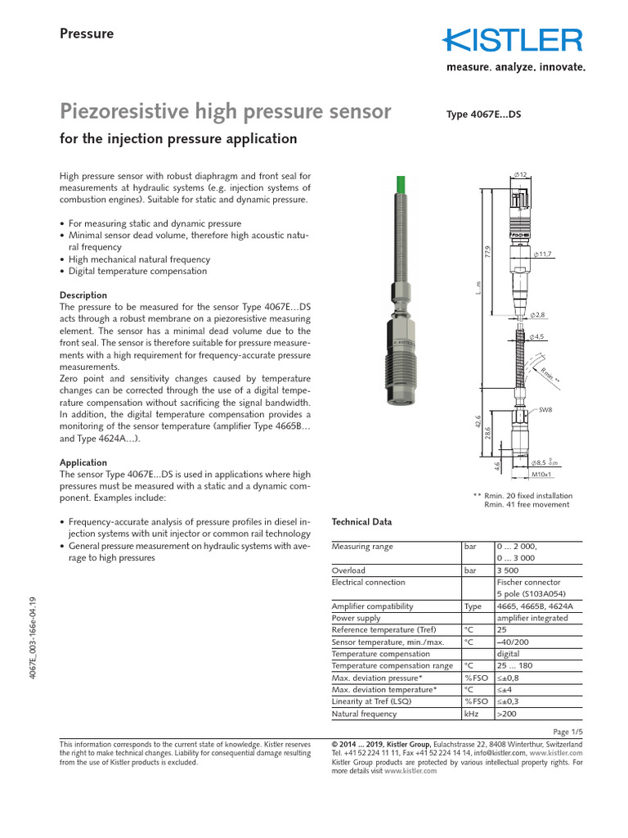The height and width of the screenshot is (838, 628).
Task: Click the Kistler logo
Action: [514, 40]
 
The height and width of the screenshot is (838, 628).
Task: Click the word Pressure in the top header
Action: [87, 34]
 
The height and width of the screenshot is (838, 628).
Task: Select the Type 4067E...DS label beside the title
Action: [482, 115]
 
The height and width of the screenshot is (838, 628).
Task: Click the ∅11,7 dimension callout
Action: [542, 255]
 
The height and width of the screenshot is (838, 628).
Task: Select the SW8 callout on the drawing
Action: [545, 408]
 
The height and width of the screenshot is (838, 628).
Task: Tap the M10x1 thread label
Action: [542, 474]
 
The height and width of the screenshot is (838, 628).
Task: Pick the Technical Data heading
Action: [361, 522]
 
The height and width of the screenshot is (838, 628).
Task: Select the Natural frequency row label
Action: [363, 714]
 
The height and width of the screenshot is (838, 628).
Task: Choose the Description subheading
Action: [83, 295]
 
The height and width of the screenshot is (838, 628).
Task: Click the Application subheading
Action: [83, 462]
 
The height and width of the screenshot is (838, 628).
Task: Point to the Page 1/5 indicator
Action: [567, 731]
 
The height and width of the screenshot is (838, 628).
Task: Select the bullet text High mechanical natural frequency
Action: [139, 259]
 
